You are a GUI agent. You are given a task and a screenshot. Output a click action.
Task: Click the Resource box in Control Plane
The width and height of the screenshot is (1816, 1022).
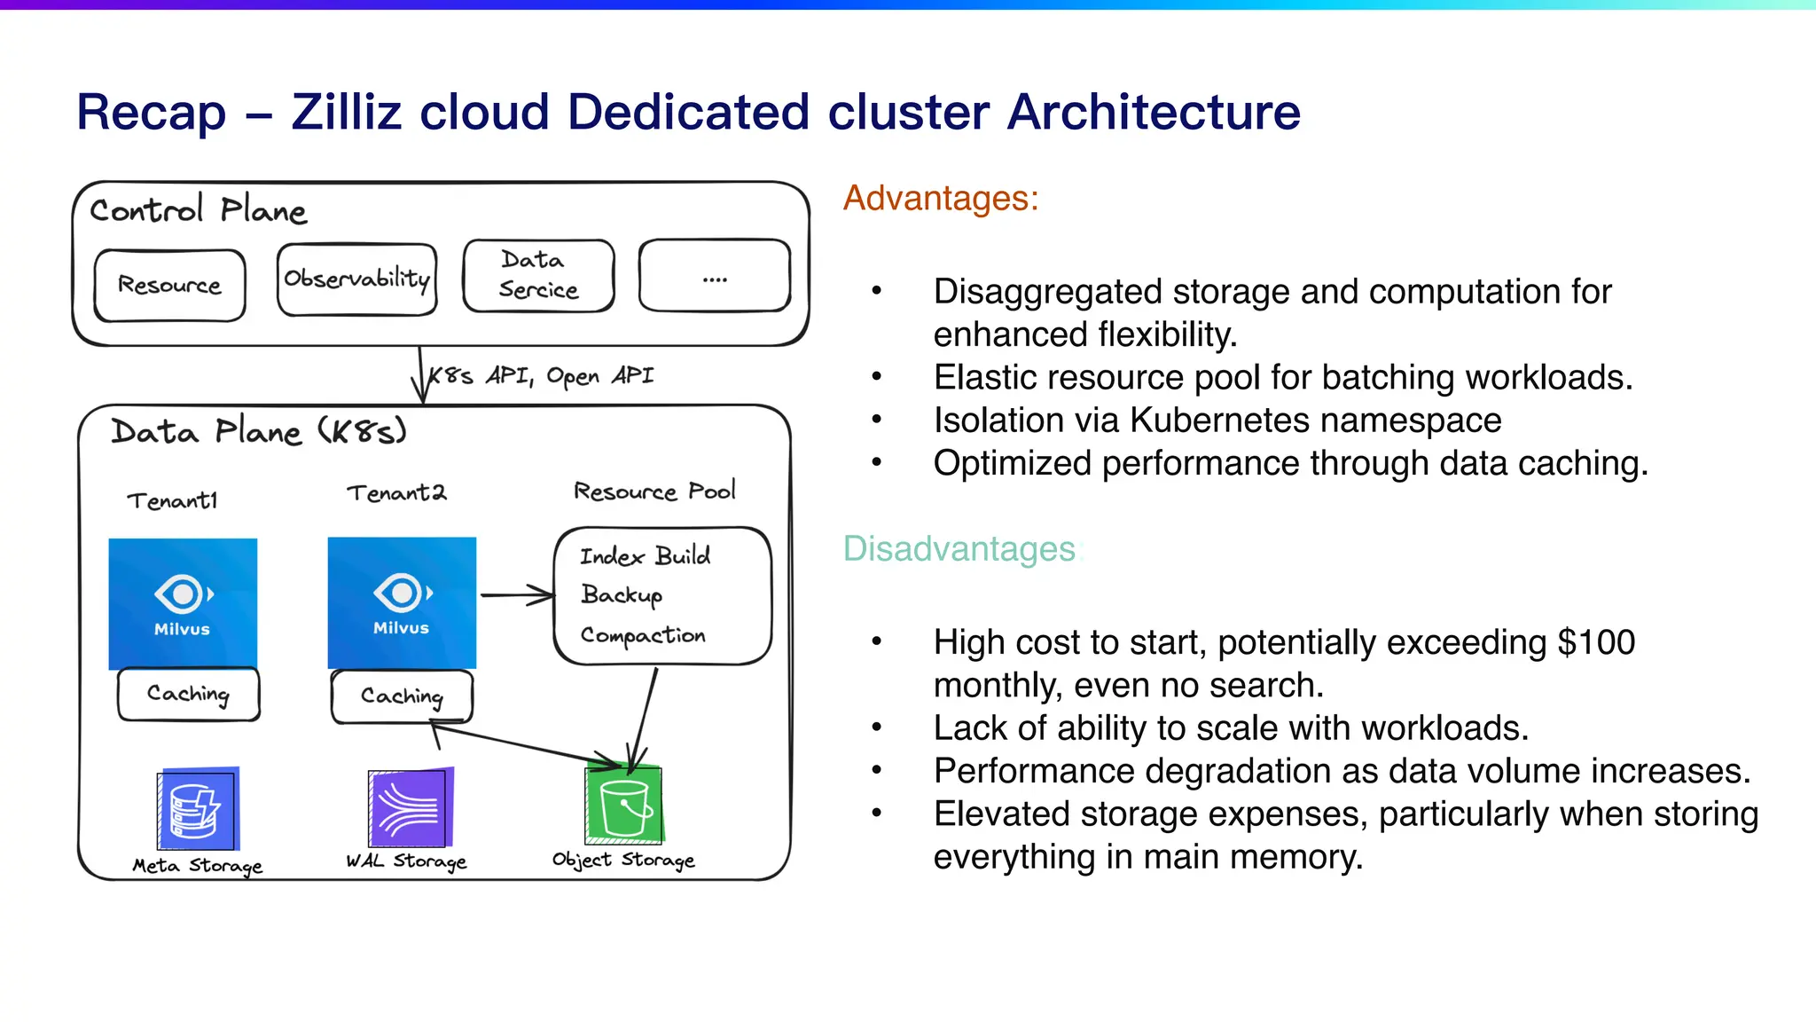[x=169, y=285]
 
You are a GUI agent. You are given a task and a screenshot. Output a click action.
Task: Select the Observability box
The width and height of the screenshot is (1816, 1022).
[x=356, y=279]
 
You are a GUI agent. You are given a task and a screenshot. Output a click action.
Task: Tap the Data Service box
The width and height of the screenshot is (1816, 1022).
[x=538, y=275]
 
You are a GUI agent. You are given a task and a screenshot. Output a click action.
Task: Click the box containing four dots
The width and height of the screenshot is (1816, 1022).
[x=714, y=275]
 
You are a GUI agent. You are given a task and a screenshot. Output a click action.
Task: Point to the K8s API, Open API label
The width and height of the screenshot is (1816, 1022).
[x=541, y=376]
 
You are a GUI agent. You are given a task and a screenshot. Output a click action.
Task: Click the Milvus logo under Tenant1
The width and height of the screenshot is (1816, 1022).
[x=183, y=603]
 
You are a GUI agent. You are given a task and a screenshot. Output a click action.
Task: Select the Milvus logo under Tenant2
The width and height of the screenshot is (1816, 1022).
[x=402, y=602]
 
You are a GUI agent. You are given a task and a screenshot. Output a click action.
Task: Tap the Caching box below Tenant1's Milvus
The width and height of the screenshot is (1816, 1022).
[x=188, y=694]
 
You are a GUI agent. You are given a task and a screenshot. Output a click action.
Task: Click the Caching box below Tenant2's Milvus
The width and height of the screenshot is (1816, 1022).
[x=402, y=696]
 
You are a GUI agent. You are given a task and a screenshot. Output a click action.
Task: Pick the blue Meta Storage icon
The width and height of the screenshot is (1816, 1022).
[x=198, y=809]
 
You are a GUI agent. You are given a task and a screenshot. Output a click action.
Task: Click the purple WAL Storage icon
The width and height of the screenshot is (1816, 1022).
[x=411, y=807]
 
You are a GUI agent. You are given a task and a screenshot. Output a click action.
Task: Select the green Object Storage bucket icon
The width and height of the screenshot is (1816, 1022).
[x=624, y=805]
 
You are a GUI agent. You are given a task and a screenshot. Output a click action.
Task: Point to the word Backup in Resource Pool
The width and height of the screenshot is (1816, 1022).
[x=622, y=594]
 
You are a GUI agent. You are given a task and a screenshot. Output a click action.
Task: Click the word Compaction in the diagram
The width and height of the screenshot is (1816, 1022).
[x=643, y=635]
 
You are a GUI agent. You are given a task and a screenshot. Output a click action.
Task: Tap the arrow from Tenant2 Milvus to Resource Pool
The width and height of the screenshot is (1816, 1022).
[x=516, y=595]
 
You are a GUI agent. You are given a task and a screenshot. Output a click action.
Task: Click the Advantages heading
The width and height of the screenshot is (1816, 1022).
[x=940, y=198]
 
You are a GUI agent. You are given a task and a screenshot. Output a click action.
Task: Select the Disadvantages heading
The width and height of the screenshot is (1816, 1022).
[x=960, y=549]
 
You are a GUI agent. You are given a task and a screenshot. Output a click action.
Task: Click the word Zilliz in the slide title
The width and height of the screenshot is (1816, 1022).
[x=346, y=113]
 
